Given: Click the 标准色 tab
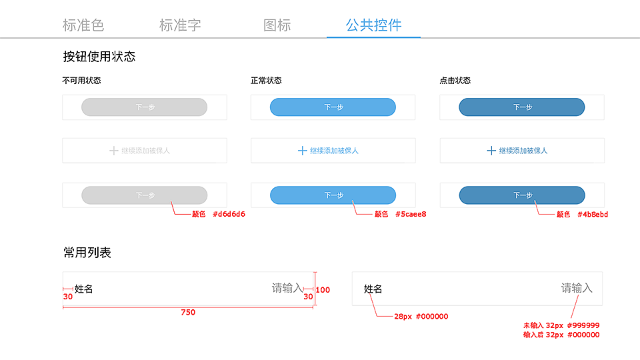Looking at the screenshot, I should [83, 25].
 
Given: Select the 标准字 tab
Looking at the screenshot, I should [180, 25].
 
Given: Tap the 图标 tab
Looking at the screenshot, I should [277, 25].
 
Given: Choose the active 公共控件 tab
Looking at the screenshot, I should [373, 25].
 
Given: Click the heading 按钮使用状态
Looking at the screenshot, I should [99, 57].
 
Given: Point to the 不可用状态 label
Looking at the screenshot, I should [81, 81].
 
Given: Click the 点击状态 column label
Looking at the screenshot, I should [455, 81].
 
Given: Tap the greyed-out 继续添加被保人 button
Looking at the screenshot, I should [145, 151].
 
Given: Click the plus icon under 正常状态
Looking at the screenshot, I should [303, 151].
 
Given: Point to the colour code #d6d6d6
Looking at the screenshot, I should [229, 215].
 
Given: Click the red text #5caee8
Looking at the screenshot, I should [411, 215].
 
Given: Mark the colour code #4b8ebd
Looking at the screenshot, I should [593, 215].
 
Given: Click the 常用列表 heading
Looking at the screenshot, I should [87, 253].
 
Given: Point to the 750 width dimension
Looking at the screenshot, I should [188, 312].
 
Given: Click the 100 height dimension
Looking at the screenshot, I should [323, 290].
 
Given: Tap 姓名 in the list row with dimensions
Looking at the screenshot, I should [84, 289].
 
